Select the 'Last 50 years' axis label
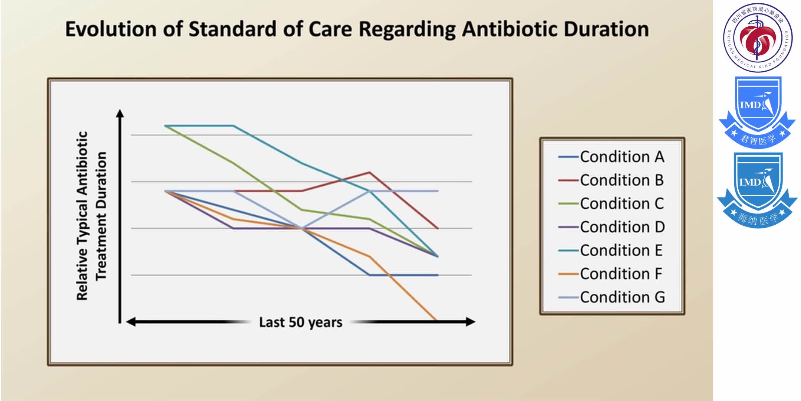[x=300, y=322]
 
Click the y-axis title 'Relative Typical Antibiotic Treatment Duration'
[x=91, y=215]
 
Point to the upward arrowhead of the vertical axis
[x=120, y=113]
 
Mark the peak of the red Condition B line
[x=369, y=172]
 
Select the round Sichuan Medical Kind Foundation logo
[x=758, y=38]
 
